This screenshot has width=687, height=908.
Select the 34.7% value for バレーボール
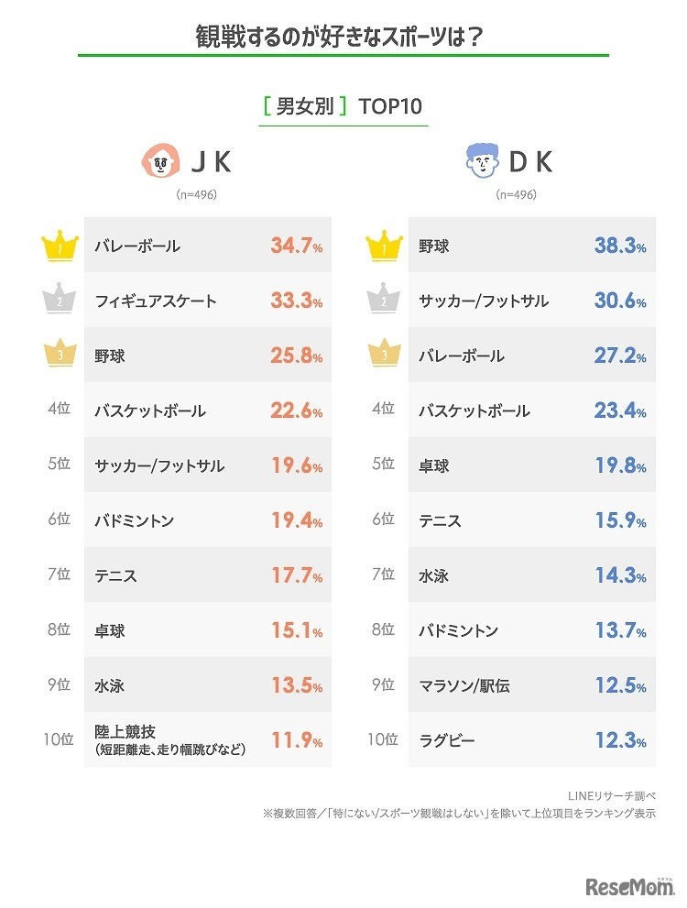pyautogui.click(x=296, y=246)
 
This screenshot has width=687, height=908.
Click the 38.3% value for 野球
pyautogui.click(x=620, y=246)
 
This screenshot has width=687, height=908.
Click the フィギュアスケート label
pyautogui.click(x=155, y=301)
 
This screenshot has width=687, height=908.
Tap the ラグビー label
pyautogui.click(x=447, y=740)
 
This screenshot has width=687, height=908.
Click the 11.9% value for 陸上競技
pyautogui.click(x=296, y=740)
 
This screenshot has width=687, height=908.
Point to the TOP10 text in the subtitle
pyautogui.click(x=391, y=106)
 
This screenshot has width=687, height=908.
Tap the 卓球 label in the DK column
pyautogui.click(x=434, y=465)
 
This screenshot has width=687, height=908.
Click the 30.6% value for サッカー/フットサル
pyautogui.click(x=620, y=301)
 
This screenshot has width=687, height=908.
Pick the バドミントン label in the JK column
pyautogui.click(x=134, y=520)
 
